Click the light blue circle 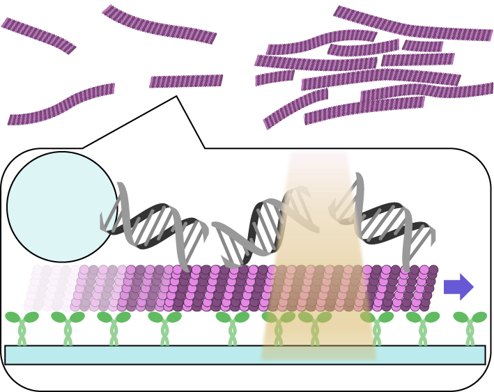pos(61,206)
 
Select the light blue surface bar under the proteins pos(245,354)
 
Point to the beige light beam pos(319,209)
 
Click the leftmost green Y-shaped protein pos(22,327)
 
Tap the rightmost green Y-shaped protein pos(470,327)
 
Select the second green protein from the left pos(68,327)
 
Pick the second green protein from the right pos(423,327)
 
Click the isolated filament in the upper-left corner pos(38,36)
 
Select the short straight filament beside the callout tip pos(186,81)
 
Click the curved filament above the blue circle pos(61,104)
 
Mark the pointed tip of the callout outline pos(177,97)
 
